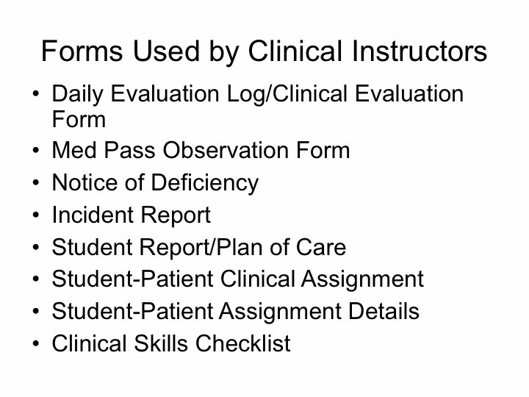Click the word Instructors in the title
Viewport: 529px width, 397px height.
coord(420,51)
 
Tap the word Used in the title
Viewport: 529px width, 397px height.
coord(166,51)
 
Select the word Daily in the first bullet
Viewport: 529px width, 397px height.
coord(77,95)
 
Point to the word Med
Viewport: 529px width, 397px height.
coord(74,150)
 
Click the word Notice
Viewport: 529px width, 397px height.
coord(84,182)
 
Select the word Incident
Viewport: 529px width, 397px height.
coord(93,215)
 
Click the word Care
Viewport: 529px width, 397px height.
coord(321,247)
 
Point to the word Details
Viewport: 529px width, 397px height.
coord(384,311)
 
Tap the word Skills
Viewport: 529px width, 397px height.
coord(161,343)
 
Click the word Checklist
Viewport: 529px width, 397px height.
coord(243,343)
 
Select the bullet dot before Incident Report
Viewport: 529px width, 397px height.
coord(36,215)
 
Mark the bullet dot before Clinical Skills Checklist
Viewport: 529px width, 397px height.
coord(36,343)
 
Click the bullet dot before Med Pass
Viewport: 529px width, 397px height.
coord(36,150)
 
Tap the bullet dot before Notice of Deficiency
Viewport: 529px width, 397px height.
coord(36,182)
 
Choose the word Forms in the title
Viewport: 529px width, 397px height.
coord(82,51)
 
